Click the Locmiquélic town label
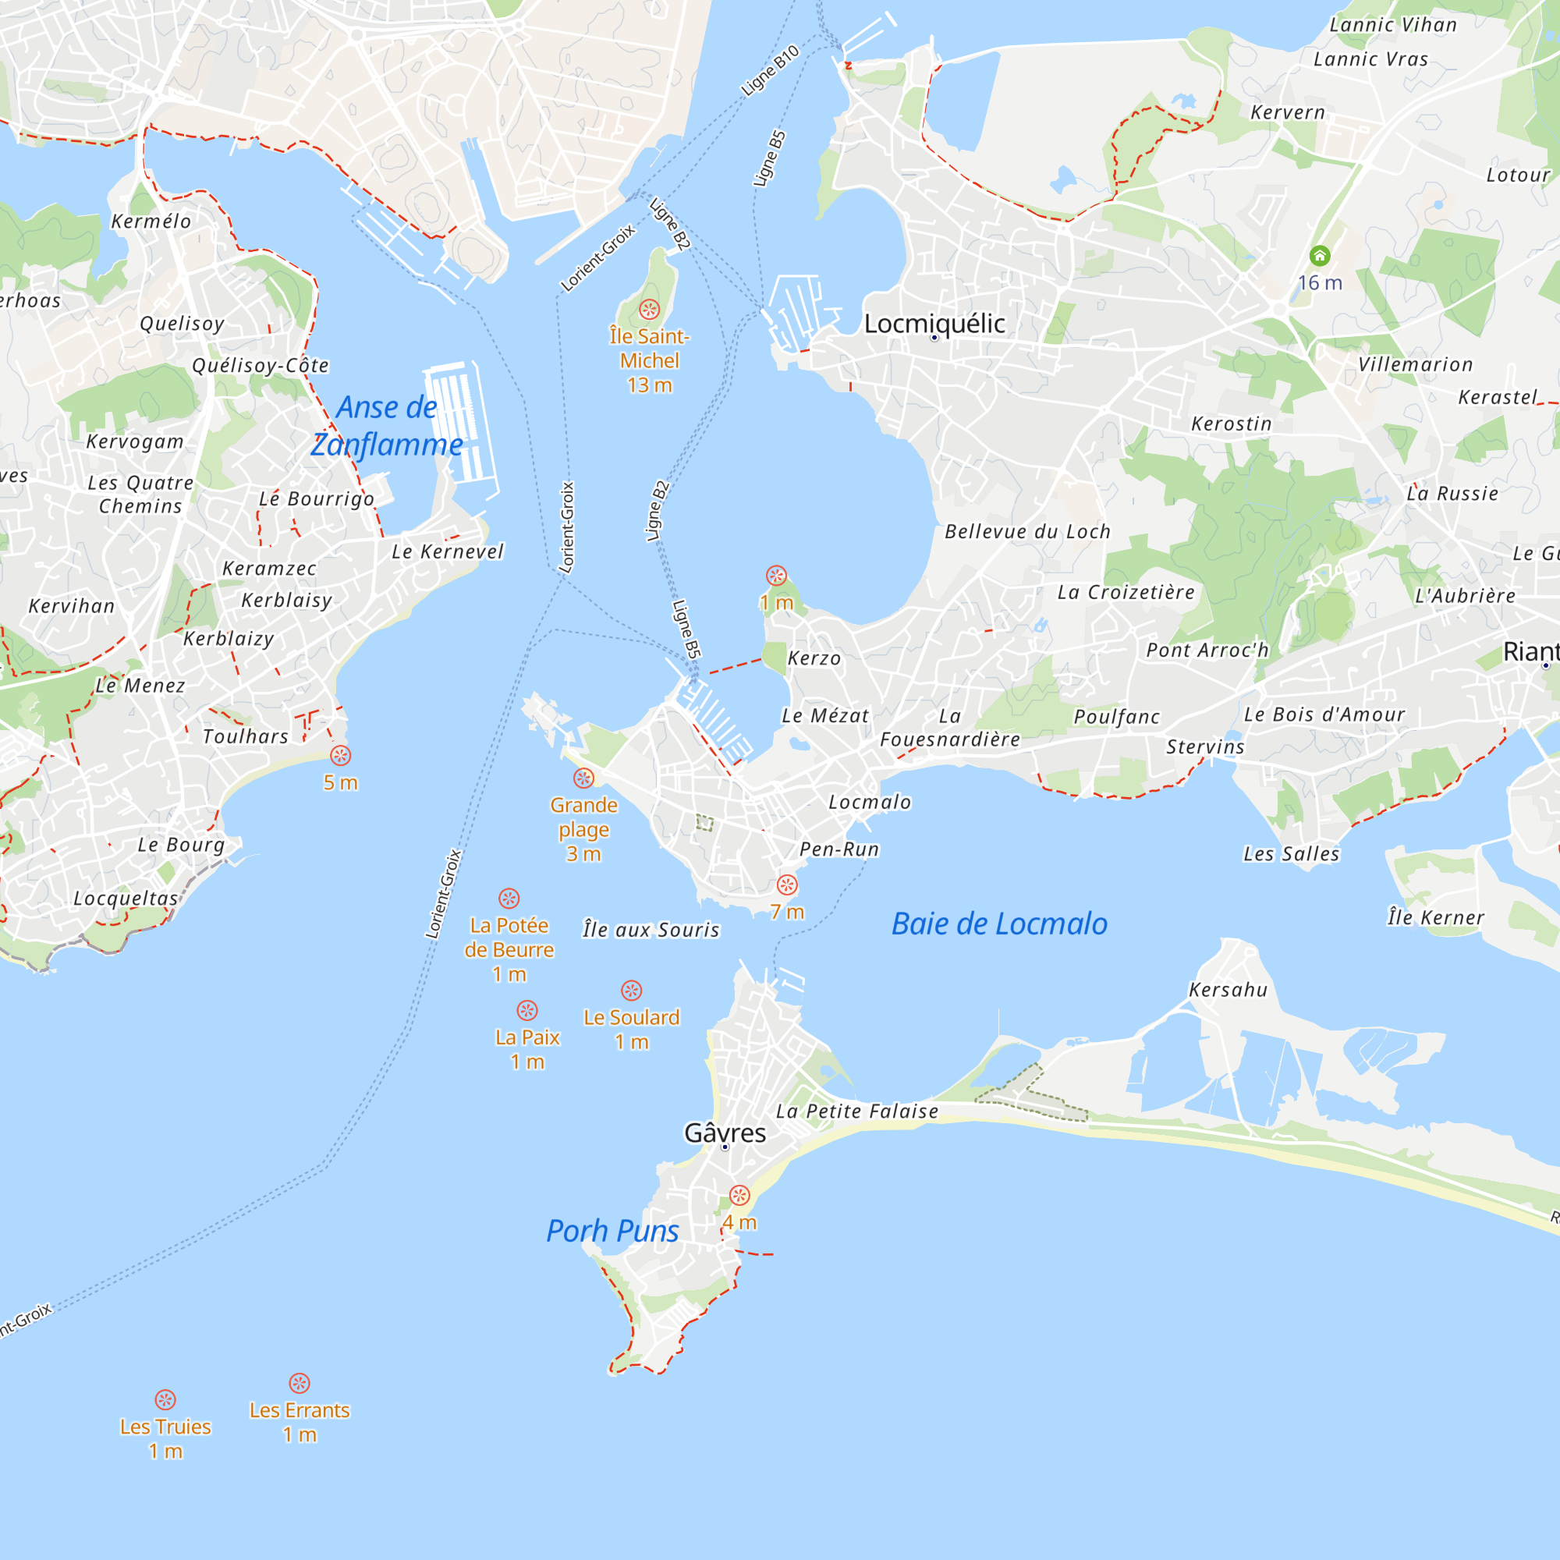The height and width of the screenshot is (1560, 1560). click(934, 324)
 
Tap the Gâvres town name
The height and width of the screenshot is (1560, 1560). click(725, 1133)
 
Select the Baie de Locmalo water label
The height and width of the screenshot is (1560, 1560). click(999, 924)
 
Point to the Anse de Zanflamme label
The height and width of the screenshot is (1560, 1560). click(387, 426)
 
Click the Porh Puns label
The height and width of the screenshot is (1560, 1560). click(612, 1231)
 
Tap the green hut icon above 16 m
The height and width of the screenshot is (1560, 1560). click(1320, 256)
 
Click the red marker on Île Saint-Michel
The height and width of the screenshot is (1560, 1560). click(649, 309)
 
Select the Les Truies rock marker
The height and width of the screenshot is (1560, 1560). click(165, 1399)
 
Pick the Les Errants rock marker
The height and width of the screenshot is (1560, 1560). click(300, 1383)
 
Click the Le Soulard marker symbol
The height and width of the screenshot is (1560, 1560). click(632, 991)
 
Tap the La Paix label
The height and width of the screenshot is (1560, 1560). click(527, 1037)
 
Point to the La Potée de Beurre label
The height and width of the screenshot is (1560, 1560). click(509, 938)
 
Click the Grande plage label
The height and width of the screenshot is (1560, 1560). click(583, 817)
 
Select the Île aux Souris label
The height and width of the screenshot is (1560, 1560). click(651, 931)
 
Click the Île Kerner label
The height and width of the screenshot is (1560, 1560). click(1436, 917)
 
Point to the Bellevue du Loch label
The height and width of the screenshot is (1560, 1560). click(1027, 532)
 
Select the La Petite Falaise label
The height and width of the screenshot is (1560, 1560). click(856, 1111)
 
